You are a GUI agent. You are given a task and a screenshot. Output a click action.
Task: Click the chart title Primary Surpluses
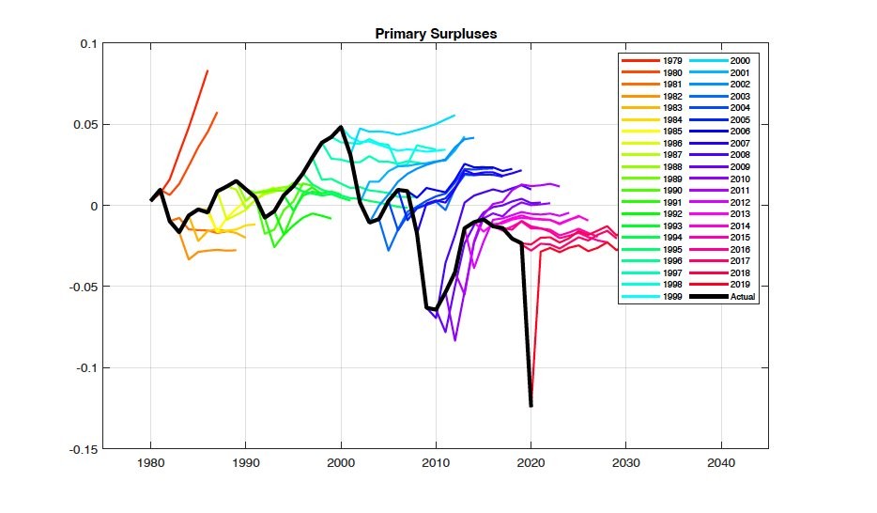436,34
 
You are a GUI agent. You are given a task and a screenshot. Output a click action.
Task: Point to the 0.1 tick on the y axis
86,44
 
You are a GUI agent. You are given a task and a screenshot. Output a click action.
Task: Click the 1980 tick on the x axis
150,462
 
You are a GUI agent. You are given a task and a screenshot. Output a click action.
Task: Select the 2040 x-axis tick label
720,462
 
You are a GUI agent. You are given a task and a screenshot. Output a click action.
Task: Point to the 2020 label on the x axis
531,462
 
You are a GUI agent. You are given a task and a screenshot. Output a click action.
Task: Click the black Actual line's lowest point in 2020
531,405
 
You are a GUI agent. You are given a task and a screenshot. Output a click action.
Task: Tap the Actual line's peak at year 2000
341,127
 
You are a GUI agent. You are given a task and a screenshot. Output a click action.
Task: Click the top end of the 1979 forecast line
208,70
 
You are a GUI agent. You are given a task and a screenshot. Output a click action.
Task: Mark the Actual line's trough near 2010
436,310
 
